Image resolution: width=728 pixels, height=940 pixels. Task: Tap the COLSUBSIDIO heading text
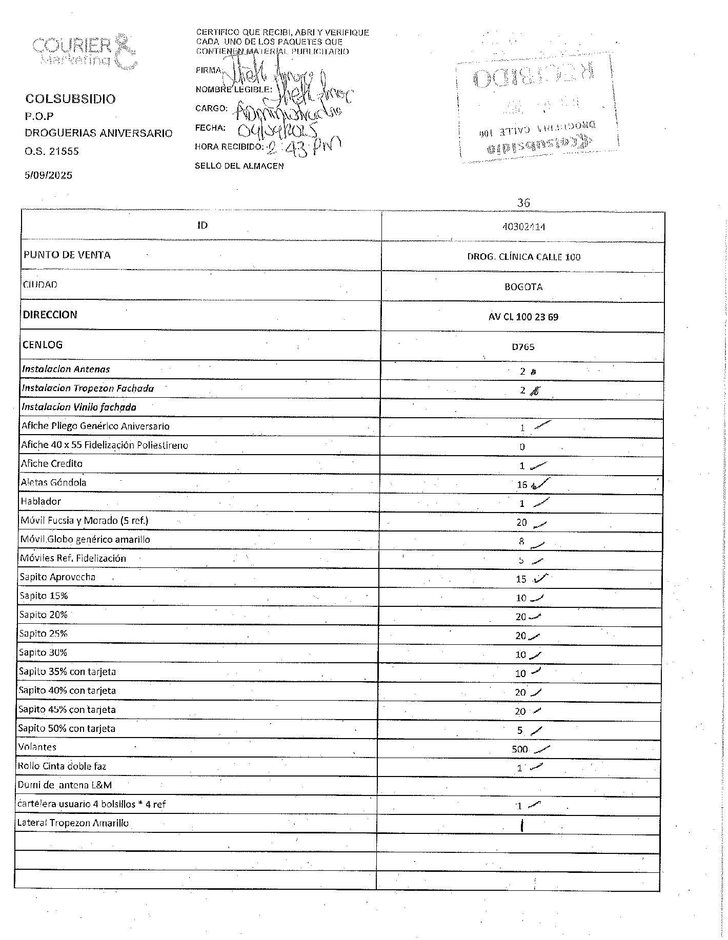(70, 99)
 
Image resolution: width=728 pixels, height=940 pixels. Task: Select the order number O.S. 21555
(52, 151)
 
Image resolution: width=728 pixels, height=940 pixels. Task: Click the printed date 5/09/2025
(49, 175)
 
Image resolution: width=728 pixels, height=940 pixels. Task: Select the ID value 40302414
(523, 227)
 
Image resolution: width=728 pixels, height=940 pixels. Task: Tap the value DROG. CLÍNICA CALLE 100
(523, 257)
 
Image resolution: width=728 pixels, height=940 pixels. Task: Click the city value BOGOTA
(523, 287)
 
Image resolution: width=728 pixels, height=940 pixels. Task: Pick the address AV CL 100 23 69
(523, 317)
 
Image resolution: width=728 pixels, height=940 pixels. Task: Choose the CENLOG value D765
(523, 347)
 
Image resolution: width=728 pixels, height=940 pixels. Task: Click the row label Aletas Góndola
(53, 482)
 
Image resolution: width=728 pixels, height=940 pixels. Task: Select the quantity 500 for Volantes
(519, 749)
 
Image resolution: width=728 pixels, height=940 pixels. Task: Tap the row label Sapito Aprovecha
(57, 577)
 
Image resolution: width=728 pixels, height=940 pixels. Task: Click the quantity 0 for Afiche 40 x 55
(522, 447)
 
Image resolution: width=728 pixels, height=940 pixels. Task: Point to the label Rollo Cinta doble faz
(62, 766)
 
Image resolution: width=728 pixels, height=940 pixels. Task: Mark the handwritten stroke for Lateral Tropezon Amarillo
(521, 826)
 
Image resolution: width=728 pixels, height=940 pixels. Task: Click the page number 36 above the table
(523, 203)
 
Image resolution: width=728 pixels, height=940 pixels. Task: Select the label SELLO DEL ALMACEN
(239, 166)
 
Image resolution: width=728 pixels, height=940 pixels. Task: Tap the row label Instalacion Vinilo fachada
(79, 407)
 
